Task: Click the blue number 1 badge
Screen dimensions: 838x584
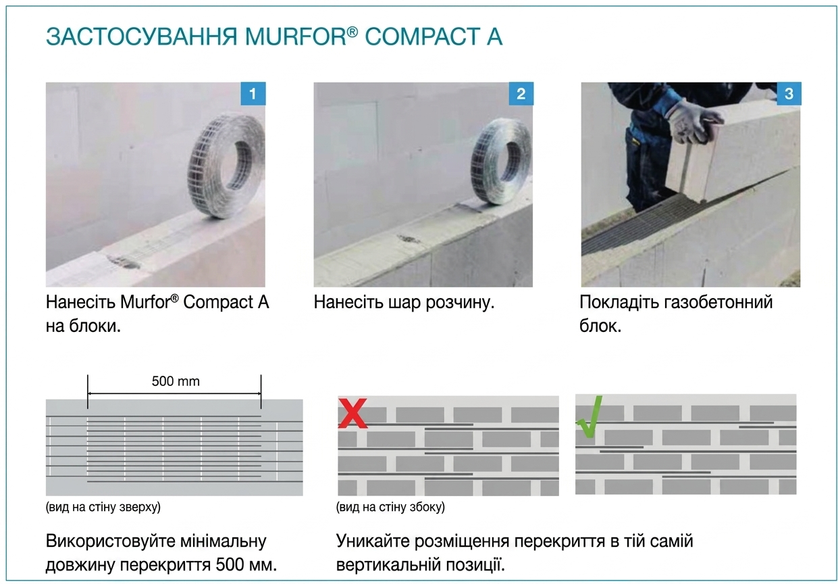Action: [253, 93]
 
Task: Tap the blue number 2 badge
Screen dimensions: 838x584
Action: [521, 93]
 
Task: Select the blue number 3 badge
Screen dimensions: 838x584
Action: [789, 93]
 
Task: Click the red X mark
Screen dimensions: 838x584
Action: [352, 413]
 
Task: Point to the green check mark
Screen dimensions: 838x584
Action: [590, 416]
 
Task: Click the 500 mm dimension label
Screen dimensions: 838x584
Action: [176, 381]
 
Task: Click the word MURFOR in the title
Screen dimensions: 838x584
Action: [296, 36]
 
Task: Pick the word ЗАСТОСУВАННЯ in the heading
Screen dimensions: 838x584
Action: [142, 36]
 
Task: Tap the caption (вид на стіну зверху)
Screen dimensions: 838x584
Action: [103, 507]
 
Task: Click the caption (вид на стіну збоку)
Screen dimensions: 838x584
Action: [390, 507]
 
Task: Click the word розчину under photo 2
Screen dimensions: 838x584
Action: [460, 303]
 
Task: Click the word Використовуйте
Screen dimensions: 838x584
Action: [110, 541]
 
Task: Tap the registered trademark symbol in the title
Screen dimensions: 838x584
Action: [352, 32]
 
